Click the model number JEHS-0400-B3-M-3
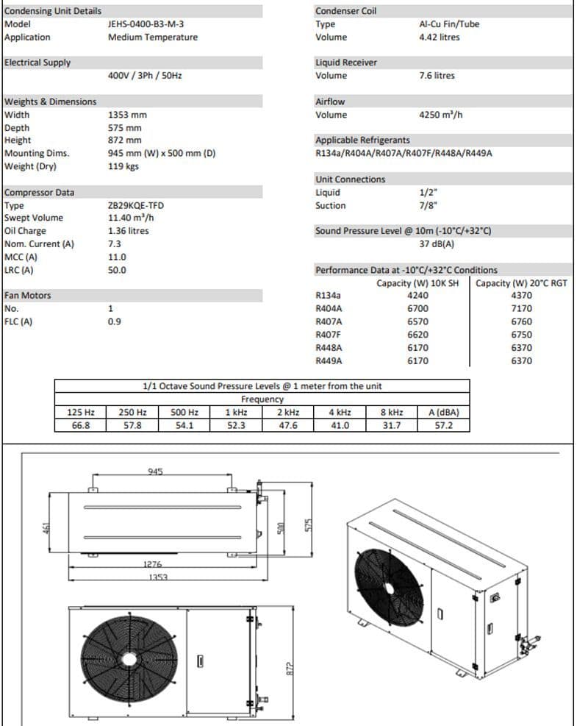146,24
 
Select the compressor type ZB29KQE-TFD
136,205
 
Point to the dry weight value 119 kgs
123,166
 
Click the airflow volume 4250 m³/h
440,115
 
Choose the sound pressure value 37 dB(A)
437,244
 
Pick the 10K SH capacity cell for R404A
417,309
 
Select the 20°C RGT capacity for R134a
521,296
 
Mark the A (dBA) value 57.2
444,425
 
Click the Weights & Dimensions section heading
51,102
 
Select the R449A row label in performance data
329,361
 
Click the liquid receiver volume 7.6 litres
437,76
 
